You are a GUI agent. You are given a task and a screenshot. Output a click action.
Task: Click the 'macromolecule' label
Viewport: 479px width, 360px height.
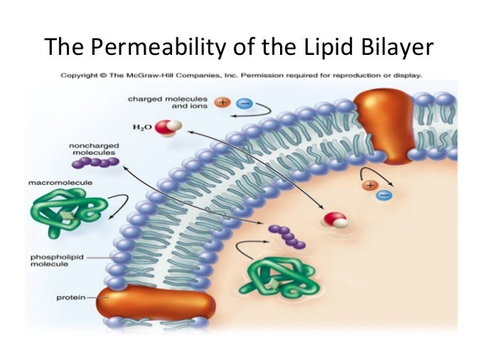click(53, 183)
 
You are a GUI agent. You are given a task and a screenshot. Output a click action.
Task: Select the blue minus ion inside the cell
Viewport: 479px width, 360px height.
click(384, 196)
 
